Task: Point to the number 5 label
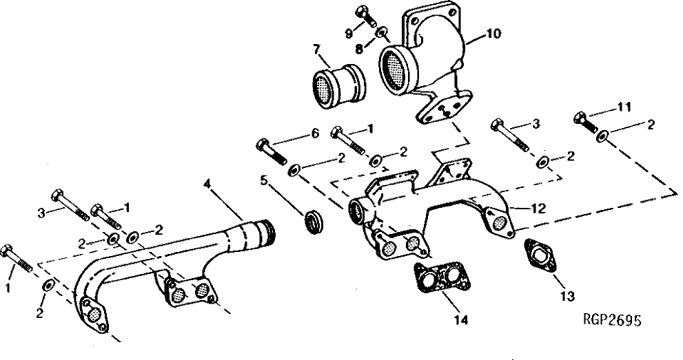click(263, 182)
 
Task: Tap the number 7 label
click(316, 49)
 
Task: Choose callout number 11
click(624, 107)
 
